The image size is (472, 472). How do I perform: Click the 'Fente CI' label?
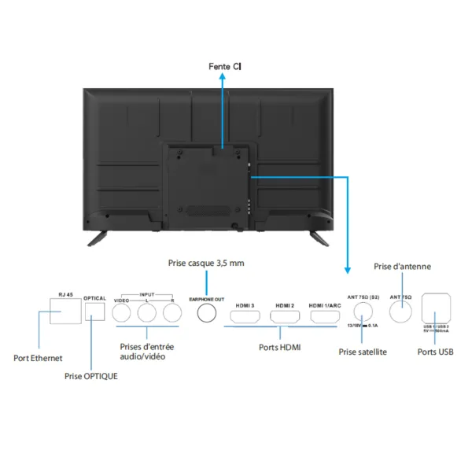225,67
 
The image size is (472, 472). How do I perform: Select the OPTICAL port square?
95,312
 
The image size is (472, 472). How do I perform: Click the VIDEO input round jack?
122,314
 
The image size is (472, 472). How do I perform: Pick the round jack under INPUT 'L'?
147,314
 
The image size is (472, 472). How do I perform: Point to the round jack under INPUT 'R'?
172,314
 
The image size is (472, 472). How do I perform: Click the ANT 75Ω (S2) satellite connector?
362,314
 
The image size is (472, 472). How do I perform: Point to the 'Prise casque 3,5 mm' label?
206,263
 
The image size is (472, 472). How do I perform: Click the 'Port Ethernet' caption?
38,359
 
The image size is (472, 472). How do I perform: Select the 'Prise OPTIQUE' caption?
91,376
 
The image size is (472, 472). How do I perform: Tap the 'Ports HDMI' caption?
281,345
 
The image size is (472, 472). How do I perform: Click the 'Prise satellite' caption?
362,352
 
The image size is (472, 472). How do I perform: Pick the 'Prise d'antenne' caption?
402,267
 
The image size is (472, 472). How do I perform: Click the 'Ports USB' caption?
436,352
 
